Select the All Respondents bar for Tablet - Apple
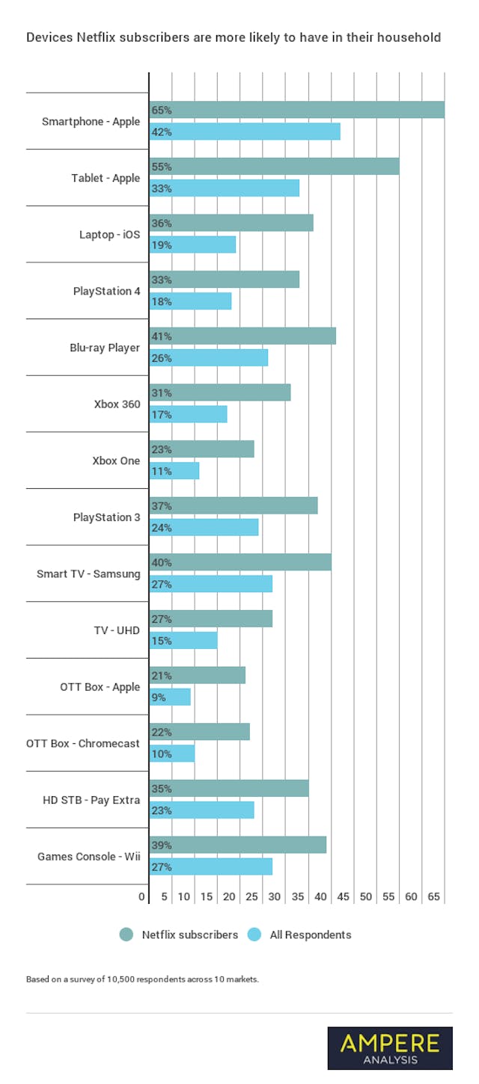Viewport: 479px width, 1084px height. (224, 188)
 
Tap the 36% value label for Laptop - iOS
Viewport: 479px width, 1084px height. (162, 223)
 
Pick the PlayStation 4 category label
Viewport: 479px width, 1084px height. (106, 291)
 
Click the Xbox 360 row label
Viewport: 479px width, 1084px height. (117, 404)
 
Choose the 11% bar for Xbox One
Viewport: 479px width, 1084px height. (174, 471)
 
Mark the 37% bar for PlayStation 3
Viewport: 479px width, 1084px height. (233, 505)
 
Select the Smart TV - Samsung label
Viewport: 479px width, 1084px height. (88, 574)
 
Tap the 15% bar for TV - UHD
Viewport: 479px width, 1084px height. (183, 641)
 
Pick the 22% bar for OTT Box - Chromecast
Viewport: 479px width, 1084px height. (199, 732)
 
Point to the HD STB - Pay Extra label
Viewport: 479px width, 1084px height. (91, 800)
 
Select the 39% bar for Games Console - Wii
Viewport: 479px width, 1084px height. (237, 845)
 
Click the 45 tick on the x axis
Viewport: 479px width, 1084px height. (343, 896)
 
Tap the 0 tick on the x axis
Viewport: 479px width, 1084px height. (141, 896)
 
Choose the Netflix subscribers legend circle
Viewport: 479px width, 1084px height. (126, 934)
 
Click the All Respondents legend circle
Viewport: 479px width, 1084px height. (254, 934)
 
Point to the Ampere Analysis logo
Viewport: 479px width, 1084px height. (390, 1048)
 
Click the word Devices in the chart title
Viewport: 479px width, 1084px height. (47, 37)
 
